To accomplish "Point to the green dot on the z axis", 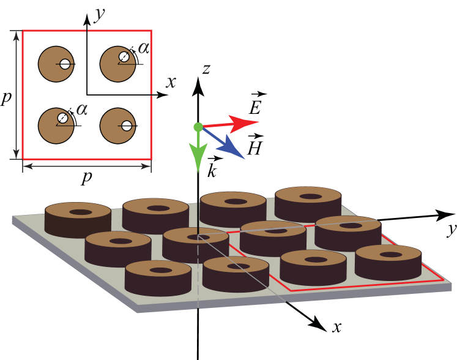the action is tap(198, 127).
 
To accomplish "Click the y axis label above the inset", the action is tap(98, 14).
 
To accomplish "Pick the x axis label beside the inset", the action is tap(171, 82).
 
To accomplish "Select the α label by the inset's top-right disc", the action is tap(144, 48).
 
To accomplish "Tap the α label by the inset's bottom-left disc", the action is tap(82, 110).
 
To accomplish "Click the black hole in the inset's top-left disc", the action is tap(65, 64).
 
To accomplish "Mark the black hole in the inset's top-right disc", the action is tap(124, 57).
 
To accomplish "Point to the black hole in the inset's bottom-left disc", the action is tap(62, 118).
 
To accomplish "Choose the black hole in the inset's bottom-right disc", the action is tap(127, 126).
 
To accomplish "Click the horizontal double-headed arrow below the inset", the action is tap(87, 167).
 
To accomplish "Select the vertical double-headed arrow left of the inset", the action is tap(16, 94).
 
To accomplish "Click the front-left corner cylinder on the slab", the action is tap(158, 279).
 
